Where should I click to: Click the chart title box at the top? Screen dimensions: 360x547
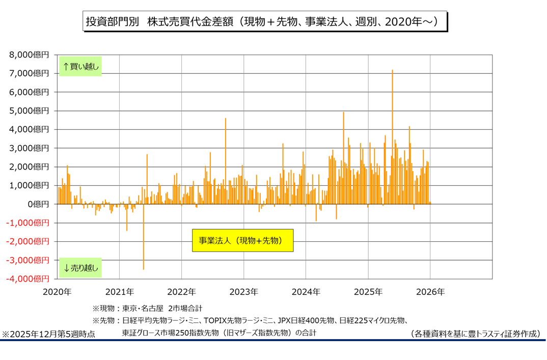(x=265, y=22)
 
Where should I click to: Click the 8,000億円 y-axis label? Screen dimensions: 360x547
(x=30, y=55)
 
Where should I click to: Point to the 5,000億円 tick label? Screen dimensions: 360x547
(x=30, y=111)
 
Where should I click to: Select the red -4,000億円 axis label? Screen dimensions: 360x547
(x=28, y=279)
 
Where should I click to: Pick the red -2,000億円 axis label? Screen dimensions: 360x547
(x=28, y=241)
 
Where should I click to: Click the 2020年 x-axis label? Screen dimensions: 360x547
(x=57, y=292)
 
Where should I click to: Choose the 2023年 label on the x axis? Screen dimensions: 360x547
(x=243, y=292)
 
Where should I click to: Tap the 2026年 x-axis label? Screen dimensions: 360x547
(x=430, y=292)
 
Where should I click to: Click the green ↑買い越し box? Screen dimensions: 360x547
(x=80, y=66)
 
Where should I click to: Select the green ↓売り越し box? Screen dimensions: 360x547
(x=80, y=267)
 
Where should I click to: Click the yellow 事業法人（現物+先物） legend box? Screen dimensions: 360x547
(x=243, y=240)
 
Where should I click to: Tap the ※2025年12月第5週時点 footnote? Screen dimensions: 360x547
(x=48, y=334)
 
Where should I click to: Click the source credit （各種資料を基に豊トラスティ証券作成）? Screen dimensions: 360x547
(x=475, y=334)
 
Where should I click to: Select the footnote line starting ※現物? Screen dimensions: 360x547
(x=147, y=308)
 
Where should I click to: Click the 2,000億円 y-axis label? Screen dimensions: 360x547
(x=30, y=167)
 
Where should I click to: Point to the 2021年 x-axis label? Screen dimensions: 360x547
(x=119, y=292)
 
